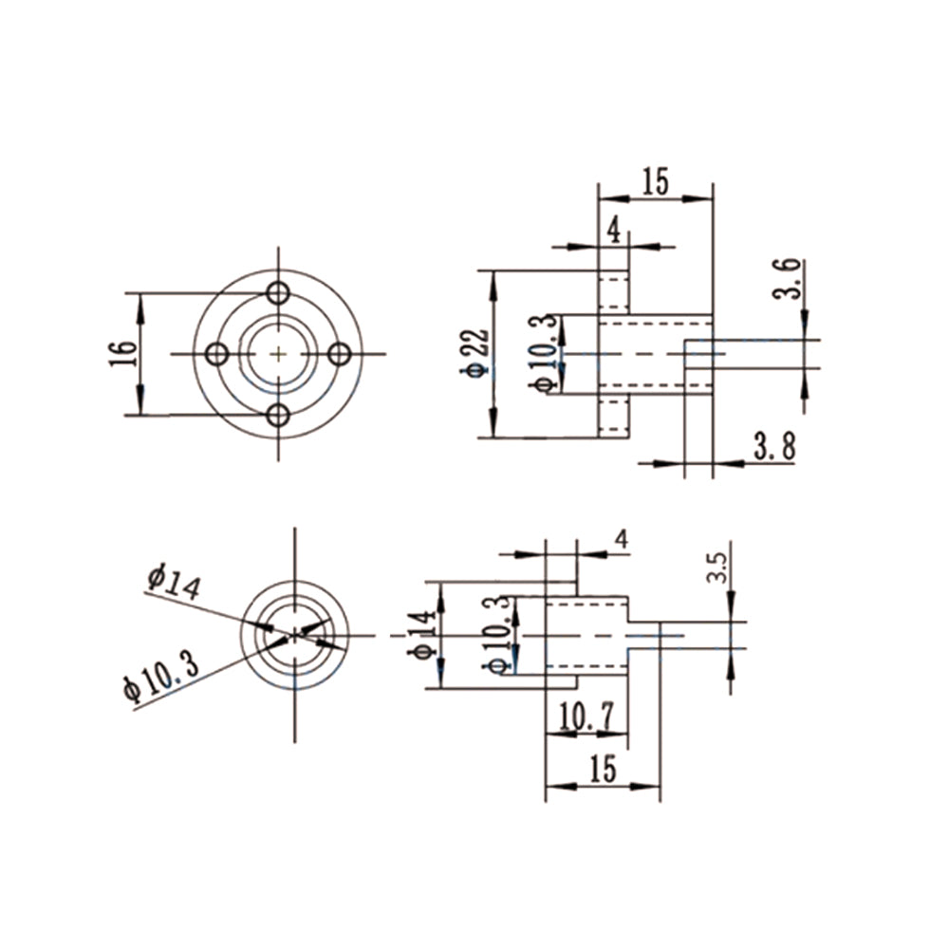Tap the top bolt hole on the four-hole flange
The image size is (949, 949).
pos(278,292)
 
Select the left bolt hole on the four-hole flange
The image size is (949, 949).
pos(217,354)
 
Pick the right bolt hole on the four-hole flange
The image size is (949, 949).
pos(339,354)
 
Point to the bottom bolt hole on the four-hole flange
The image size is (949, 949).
pos(278,415)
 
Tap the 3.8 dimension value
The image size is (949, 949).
pos(774,447)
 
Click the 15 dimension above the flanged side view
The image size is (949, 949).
pos(655,180)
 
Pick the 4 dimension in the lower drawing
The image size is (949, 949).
pos(621,539)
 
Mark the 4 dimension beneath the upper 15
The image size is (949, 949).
pos(613,230)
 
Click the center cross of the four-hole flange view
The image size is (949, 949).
pos(278,354)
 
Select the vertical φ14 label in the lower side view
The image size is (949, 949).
pos(425,635)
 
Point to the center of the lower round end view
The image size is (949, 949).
pos(295,635)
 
